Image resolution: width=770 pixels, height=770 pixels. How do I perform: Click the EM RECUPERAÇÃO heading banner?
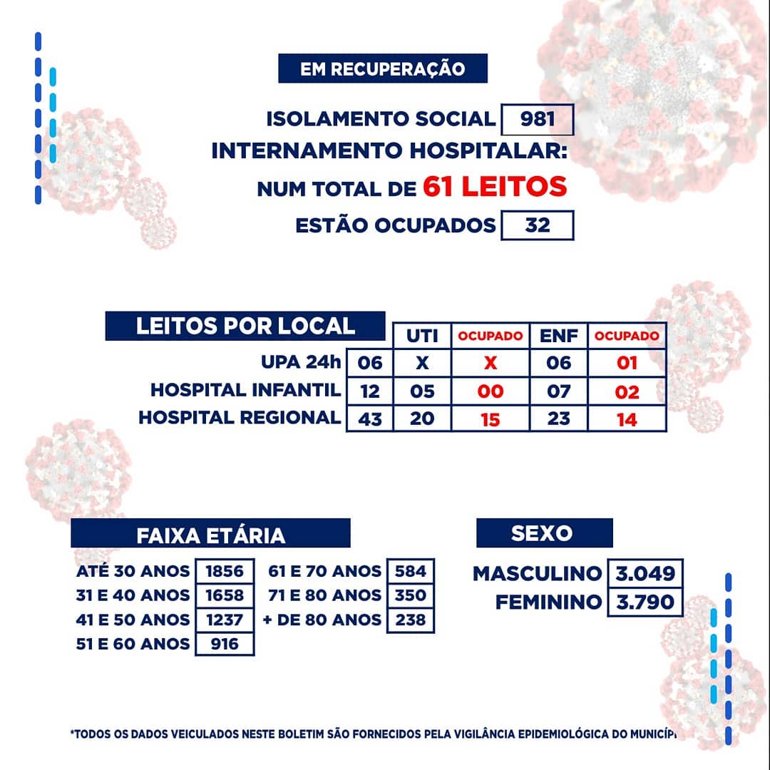382,68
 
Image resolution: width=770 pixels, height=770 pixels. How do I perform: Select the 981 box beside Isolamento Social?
538,119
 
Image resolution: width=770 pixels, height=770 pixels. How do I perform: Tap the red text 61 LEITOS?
495,187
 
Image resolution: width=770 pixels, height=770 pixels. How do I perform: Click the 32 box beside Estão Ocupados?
538,225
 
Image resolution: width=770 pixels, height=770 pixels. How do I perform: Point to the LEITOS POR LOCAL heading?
245,326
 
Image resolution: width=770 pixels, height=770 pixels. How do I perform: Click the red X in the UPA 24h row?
490,363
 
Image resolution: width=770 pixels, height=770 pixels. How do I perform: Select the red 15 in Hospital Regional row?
490,419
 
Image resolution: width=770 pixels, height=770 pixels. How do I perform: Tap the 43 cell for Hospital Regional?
370,419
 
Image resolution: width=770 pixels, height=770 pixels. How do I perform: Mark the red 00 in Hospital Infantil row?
490,391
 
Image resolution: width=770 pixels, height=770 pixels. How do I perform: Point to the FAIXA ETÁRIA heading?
210,534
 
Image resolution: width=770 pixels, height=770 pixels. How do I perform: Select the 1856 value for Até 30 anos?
225,571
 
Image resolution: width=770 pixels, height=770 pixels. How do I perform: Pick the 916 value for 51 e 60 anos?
225,644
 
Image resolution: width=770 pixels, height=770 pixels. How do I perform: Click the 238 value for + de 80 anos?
411,620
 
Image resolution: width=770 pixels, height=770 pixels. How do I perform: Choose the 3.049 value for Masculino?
645,573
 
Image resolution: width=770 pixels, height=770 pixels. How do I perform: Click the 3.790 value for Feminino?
645,602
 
